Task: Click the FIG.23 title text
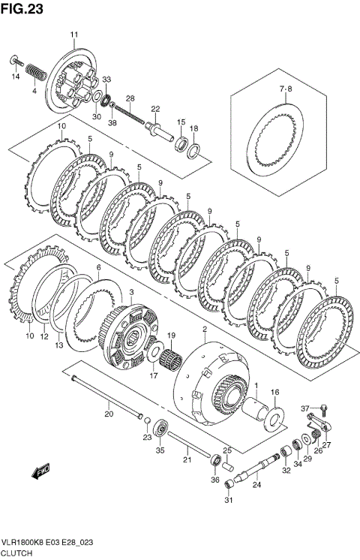click(x=22, y=9)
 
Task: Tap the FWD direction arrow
click(x=40, y=471)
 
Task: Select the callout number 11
click(x=73, y=35)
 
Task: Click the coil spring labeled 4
click(x=36, y=72)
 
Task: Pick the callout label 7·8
click(x=285, y=89)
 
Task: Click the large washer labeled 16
click(x=275, y=418)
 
